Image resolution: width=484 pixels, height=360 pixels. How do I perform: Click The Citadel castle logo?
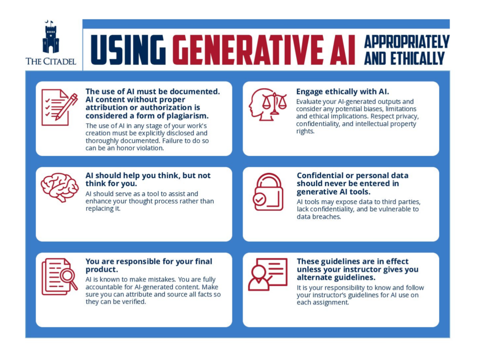tap(51, 37)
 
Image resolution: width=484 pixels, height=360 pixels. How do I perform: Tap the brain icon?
tap(59, 187)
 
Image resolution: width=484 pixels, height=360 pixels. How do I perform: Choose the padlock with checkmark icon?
tap(268, 191)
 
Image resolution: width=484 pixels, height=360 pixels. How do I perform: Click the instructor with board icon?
tap(268, 274)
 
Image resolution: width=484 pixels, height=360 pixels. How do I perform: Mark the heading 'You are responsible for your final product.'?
tap(148, 265)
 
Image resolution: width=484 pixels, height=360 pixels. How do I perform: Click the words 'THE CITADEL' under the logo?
tap(51, 61)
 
